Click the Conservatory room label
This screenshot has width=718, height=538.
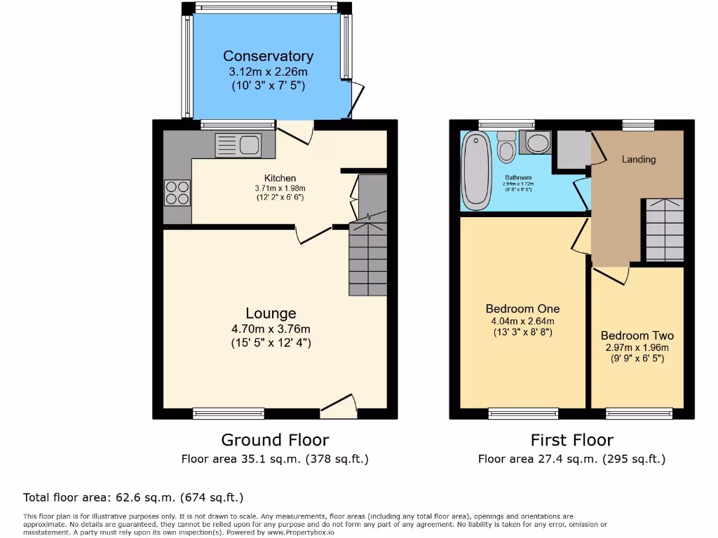(x=269, y=56)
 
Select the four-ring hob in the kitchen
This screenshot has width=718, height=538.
(x=177, y=193)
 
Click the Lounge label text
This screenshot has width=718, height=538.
(x=271, y=313)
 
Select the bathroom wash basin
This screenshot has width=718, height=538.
(x=537, y=144)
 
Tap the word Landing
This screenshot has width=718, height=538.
(x=639, y=159)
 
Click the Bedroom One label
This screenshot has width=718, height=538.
(x=522, y=309)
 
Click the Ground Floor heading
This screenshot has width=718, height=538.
(x=275, y=440)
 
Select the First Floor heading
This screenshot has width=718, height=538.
(x=571, y=440)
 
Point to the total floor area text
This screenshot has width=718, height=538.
(x=133, y=497)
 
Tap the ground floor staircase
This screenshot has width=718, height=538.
(x=368, y=256)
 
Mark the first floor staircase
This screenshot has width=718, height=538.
(x=664, y=230)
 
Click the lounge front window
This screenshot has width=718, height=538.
(x=229, y=414)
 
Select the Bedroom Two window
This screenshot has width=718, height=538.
(x=638, y=414)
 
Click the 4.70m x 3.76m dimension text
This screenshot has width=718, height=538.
(x=271, y=329)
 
